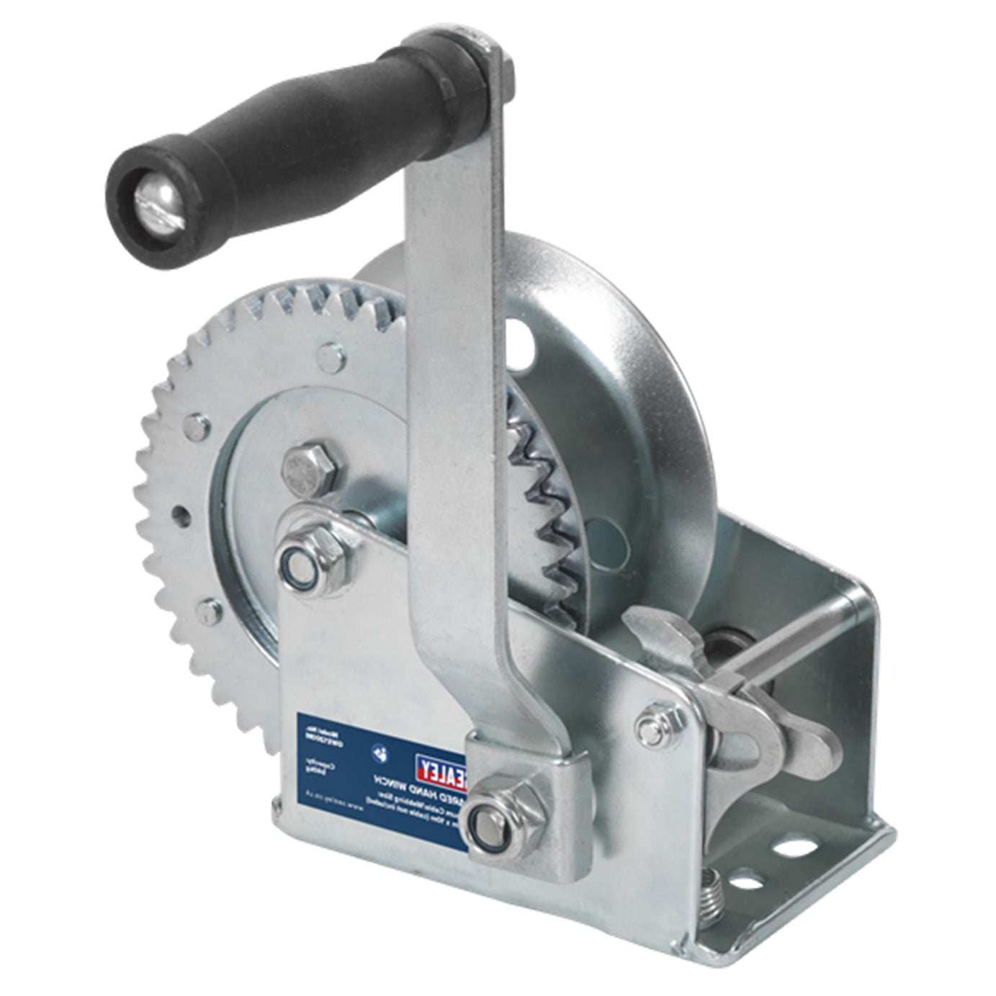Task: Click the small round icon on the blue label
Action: click(379, 752)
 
